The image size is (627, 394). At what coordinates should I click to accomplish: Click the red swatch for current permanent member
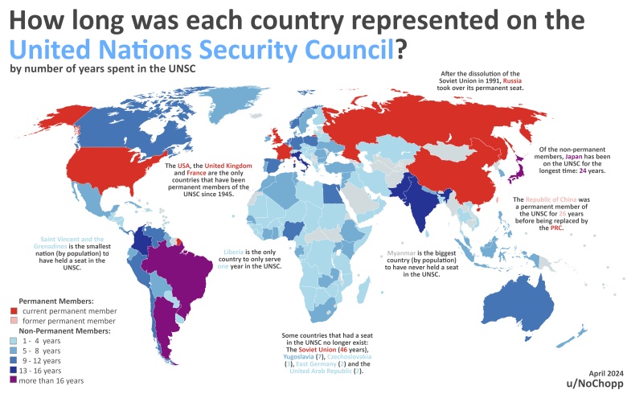[13, 310]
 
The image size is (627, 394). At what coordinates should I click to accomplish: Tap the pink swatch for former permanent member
[13, 320]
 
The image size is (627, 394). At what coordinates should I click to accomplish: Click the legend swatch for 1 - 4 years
[13, 340]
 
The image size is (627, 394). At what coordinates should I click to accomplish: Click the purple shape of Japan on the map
[520, 166]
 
